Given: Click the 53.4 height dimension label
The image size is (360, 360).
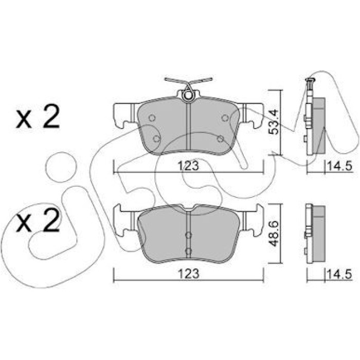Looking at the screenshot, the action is tap(274, 122).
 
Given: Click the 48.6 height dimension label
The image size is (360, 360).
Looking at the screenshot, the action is tap(274, 233).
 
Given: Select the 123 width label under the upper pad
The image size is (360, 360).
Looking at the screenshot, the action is tap(188, 165).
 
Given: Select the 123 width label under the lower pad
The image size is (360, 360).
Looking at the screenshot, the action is tap(188, 273).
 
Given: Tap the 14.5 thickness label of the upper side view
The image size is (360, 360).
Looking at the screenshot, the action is tap(339, 166).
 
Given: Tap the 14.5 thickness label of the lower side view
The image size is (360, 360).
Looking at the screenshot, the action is tap(339, 274).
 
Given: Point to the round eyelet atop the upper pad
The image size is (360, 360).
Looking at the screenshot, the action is tap(188, 95).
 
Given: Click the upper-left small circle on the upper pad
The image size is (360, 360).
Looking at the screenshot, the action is tap(152, 118).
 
